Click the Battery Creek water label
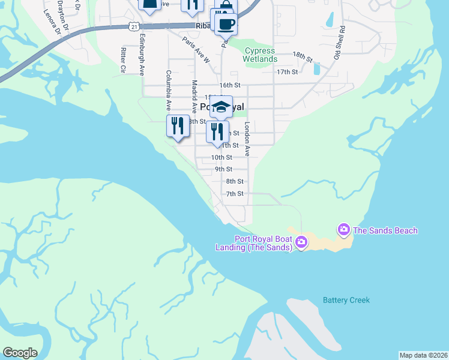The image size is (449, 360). pyautogui.click(x=346, y=300)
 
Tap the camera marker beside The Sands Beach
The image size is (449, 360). pyautogui.click(x=344, y=229)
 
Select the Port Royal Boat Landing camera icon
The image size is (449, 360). pyautogui.click(x=301, y=242)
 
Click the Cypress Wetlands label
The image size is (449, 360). pyautogui.click(x=260, y=55)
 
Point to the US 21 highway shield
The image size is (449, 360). pyautogui.click(x=134, y=26)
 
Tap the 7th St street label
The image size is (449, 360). pyautogui.click(x=235, y=194)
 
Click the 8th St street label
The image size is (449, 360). pyautogui.click(x=235, y=181)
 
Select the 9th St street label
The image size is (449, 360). pyautogui.click(x=223, y=169)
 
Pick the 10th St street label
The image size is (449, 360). pyautogui.click(x=221, y=157)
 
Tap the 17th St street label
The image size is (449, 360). pyautogui.click(x=288, y=72)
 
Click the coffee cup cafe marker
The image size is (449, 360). pyautogui.click(x=226, y=24)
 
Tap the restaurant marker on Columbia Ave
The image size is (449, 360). pyautogui.click(x=178, y=126)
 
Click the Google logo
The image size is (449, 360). pyautogui.click(x=20, y=353)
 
